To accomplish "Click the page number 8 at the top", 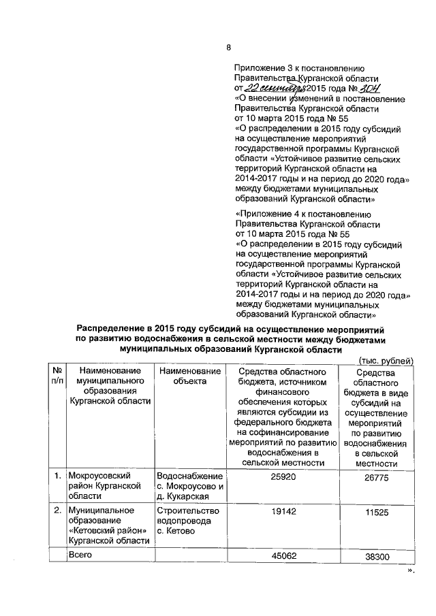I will pos(229,47).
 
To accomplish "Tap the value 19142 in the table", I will pos(283,510).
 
